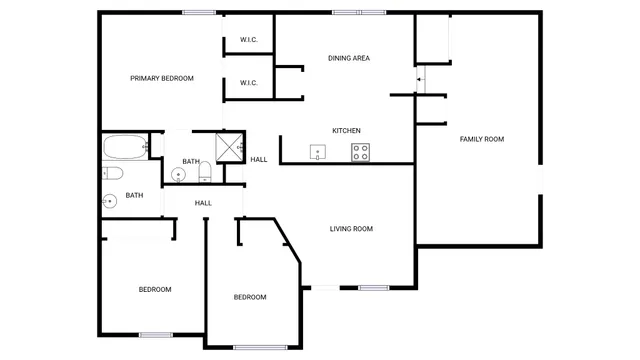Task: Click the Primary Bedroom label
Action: click(162, 78)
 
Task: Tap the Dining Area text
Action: click(349, 58)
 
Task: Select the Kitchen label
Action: click(346, 131)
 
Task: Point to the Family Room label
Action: click(481, 139)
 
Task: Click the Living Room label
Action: click(351, 229)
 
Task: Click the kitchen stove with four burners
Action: click(361, 152)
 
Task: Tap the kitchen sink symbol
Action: click(318, 153)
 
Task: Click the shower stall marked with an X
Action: click(230, 145)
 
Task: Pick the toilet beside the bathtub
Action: click(112, 174)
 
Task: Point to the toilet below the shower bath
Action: click(206, 174)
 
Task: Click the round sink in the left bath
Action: click(109, 201)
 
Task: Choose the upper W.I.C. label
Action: click(249, 40)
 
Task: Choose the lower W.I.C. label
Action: click(249, 83)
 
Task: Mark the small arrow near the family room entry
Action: click(419, 77)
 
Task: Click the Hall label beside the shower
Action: click(259, 160)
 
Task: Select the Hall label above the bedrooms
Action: click(203, 203)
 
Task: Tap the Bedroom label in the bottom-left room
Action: click(154, 289)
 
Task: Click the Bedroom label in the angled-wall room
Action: click(250, 297)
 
